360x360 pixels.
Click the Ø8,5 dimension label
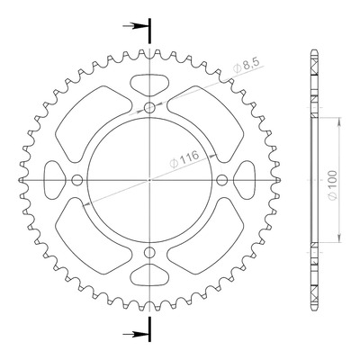[247, 67]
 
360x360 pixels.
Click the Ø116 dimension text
[184, 159]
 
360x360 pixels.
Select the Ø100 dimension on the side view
[332, 184]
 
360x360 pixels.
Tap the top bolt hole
[149, 107]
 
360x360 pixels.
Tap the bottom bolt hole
[149, 253]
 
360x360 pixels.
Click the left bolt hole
[77, 180]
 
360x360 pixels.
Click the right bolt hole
[222, 180]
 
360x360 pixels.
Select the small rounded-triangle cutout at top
[149, 85]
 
